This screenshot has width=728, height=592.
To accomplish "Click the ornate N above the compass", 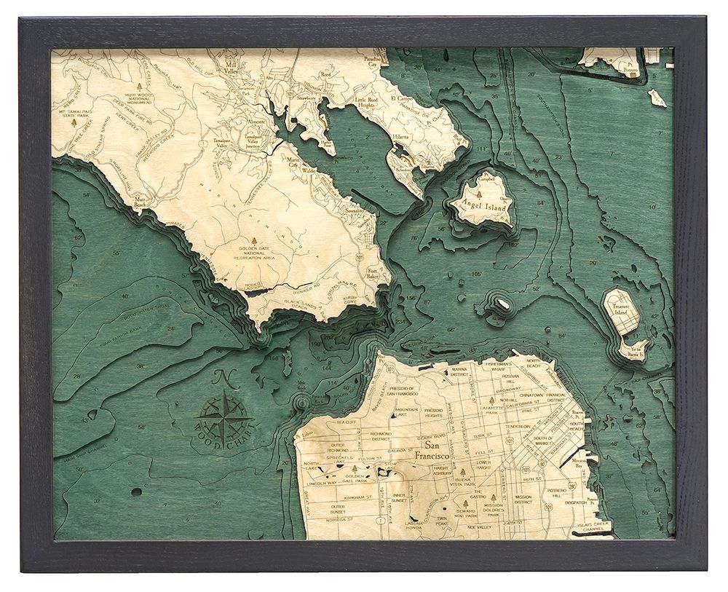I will pos(223,379).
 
